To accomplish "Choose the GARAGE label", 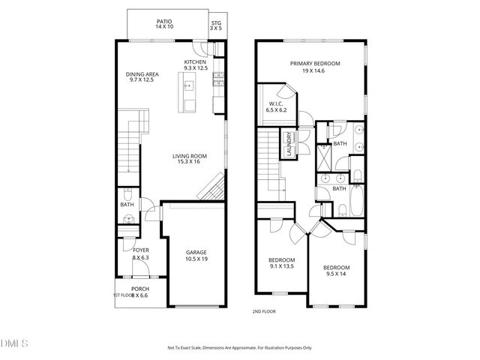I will tap(196, 253).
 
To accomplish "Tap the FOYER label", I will tap(140, 250).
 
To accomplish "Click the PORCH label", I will tap(140, 289).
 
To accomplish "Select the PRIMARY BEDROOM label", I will tap(310, 64).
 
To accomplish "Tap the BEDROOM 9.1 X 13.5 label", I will tap(282, 262).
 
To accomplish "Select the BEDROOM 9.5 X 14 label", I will tap(337, 269).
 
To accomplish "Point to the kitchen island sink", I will tap(189, 86).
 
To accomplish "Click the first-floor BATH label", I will tap(127, 204).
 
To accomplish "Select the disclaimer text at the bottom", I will tap(239, 348).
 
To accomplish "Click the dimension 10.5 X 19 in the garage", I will tap(196, 258).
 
